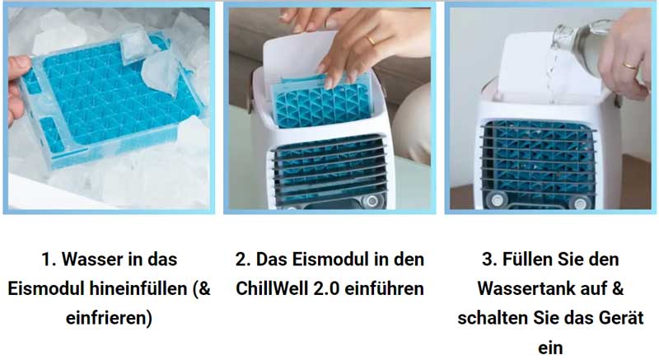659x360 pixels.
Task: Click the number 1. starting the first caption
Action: [x=49, y=259]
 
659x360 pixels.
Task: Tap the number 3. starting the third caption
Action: [x=489, y=259]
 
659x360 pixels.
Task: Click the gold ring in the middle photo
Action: [x=371, y=40]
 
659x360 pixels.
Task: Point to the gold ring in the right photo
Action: [x=630, y=66]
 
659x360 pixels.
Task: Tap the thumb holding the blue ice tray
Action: [x=18, y=67]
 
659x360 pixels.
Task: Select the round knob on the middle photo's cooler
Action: [x=371, y=200]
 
